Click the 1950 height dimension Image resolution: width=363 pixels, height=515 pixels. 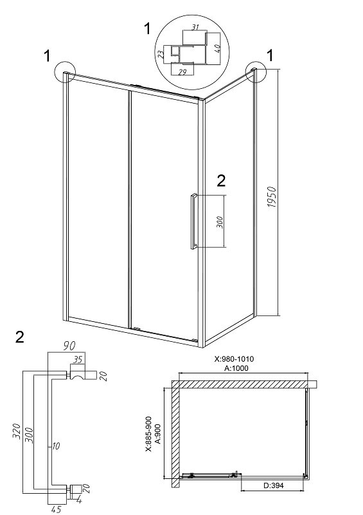pyautogui.click(x=272, y=197)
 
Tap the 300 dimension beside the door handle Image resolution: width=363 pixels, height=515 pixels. pyautogui.click(x=220, y=222)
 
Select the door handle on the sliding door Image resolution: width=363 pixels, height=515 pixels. pyautogui.click(x=193, y=221)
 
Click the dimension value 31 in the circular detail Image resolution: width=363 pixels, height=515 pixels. pyautogui.click(x=195, y=27)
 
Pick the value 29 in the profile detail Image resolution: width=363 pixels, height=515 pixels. pyautogui.click(x=182, y=71)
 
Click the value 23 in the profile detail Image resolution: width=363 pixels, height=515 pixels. pyautogui.click(x=161, y=55)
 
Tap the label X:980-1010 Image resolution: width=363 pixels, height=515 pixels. pyautogui.click(x=234, y=359)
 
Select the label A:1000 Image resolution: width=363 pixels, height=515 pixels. pyautogui.click(x=236, y=368)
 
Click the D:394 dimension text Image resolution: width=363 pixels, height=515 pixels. pyautogui.click(x=274, y=485)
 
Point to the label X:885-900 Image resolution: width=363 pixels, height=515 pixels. pyautogui.click(x=148, y=434)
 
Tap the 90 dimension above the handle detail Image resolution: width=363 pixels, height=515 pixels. pyautogui.click(x=69, y=346)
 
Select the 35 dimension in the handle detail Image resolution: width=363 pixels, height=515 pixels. pyautogui.click(x=78, y=360)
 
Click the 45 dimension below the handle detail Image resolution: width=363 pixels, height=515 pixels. pyautogui.click(x=56, y=509)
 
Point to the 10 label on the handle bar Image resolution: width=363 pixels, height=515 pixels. pyautogui.click(x=56, y=446)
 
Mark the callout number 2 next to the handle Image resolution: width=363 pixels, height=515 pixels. pyautogui.click(x=222, y=181)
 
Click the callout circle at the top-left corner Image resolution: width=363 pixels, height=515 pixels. pyautogui.click(x=65, y=71)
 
